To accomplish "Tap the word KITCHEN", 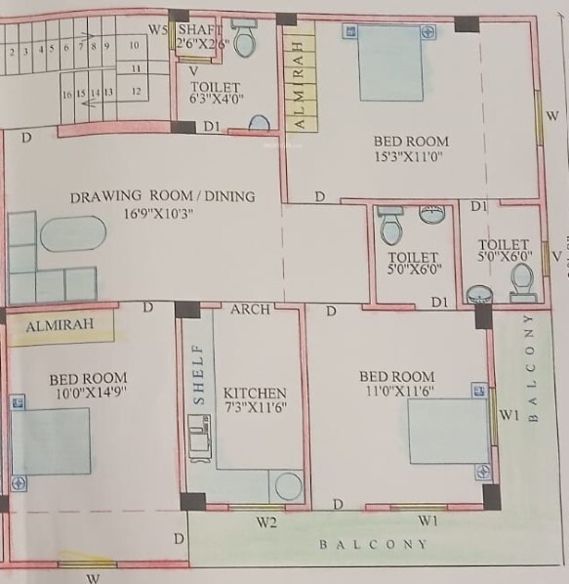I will tap(255, 393).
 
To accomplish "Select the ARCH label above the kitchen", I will tap(250, 310).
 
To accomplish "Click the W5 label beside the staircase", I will tap(158, 27).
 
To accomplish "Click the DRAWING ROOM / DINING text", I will tap(162, 196).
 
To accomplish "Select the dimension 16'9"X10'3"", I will tap(163, 214).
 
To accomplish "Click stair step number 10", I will tap(135, 45).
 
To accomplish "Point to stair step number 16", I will tap(66, 93).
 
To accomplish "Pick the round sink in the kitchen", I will tap(288, 486).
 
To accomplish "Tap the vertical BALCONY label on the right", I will tap(532, 368).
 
